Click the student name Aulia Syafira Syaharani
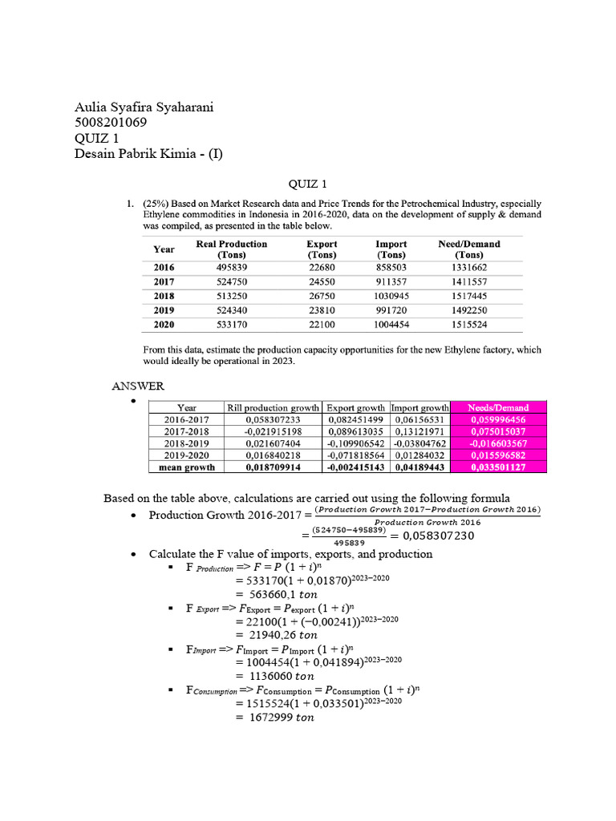pos(144,108)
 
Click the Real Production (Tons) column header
pos(232,249)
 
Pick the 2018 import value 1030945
pos(391,296)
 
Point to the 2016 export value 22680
pos(322,267)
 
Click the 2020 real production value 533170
pos(232,325)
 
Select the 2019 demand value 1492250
pos(469,310)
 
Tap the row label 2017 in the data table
pos(164,281)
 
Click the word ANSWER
pos(137,386)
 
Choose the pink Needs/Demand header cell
pos(495,407)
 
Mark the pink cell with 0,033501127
pos(495,467)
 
